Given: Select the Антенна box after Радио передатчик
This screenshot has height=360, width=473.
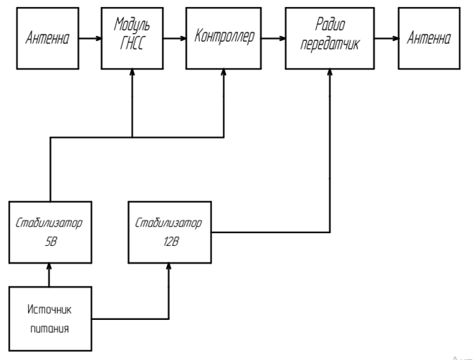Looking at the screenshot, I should coord(429,37).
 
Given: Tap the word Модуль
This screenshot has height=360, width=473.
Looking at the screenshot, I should coord(133,27).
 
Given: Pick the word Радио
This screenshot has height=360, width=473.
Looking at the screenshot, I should coord(330,27).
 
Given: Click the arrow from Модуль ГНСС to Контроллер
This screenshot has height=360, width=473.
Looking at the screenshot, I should coord(174,37).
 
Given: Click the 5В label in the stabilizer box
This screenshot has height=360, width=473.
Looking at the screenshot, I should coord(49,240).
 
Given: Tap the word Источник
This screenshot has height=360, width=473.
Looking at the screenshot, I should coord(49,310).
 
